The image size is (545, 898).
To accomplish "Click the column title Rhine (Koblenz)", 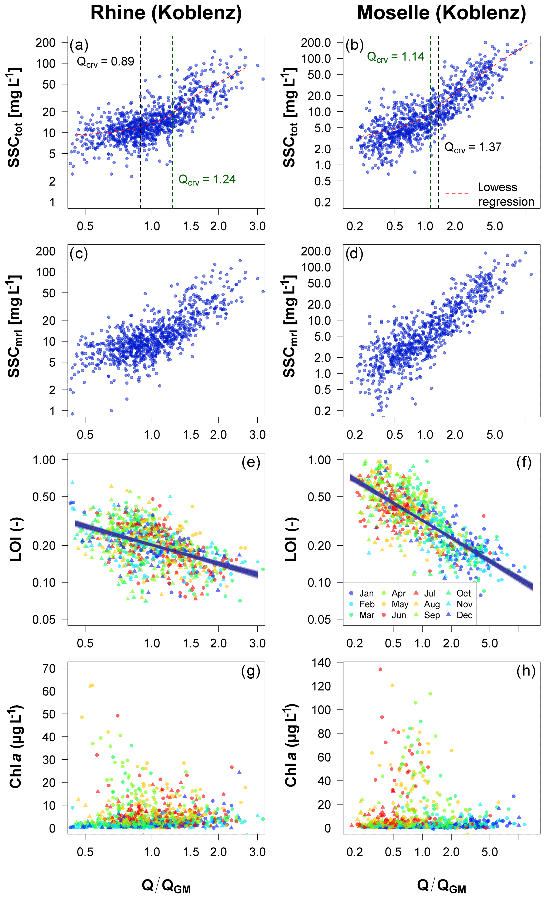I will click(x=166, y=13).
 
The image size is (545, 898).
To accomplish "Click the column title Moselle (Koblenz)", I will click(x=441, y=13).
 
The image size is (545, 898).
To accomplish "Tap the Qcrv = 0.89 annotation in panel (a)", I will click(x=105, y=62).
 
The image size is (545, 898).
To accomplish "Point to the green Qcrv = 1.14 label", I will click(x=396, y=57).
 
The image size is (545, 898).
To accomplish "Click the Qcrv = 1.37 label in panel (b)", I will click(x=473, y=147).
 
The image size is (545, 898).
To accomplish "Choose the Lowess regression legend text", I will click(x=506, y=194).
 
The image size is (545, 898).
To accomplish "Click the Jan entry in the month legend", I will click(x=366, y=593).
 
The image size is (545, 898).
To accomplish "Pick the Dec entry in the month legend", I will click(x=464, y=615).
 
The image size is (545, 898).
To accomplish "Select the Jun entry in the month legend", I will click(x=399, y=615).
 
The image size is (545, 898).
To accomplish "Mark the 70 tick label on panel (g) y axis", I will click(x=49, y=668).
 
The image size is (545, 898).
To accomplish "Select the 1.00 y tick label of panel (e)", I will click(x=44, y=460).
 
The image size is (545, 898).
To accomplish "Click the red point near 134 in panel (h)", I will click(x=380, y=669).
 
